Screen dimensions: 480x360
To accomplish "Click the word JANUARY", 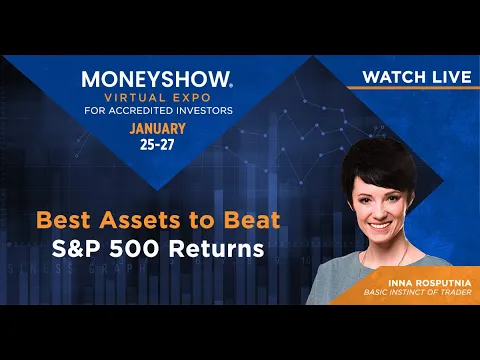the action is [157, 129].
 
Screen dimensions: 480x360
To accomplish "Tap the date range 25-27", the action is [157, 145].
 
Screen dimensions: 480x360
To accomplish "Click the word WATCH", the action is [394, 77].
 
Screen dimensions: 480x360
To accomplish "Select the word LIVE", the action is [452, 77].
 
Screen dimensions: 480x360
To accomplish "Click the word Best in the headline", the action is [63, 220].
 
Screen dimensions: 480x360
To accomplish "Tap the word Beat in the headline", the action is [252, 220].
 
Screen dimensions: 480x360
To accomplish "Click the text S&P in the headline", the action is [75, 249].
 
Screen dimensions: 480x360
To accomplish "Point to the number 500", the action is [134, 249].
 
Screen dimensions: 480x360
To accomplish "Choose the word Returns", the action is [216, 249].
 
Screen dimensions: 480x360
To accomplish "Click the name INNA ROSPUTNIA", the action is [430, 283].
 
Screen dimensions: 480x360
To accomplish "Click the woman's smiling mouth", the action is [379, 226].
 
